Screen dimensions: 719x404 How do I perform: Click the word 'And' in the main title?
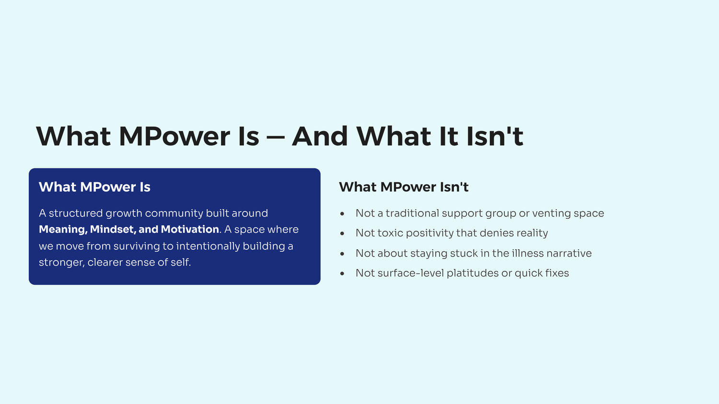[x=320, y=136]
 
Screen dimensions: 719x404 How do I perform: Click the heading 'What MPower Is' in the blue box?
[x=94, y=187]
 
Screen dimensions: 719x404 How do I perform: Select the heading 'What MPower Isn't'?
[x=404, y=187]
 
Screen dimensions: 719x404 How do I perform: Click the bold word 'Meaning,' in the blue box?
[x=63, y=230]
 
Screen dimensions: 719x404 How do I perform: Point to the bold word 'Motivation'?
[x=190, y=229]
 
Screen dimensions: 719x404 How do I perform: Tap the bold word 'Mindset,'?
[x=113, y=229]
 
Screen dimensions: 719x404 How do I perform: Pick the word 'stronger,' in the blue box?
[x=62, y=263]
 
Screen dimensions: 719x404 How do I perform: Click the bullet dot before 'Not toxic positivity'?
[x=342, y=234]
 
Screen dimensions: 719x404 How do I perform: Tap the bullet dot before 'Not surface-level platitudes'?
[x=342, y=273]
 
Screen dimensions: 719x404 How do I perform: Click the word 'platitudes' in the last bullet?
[x=473, y=273]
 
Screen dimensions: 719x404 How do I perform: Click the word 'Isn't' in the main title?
[x=495, y=136]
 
